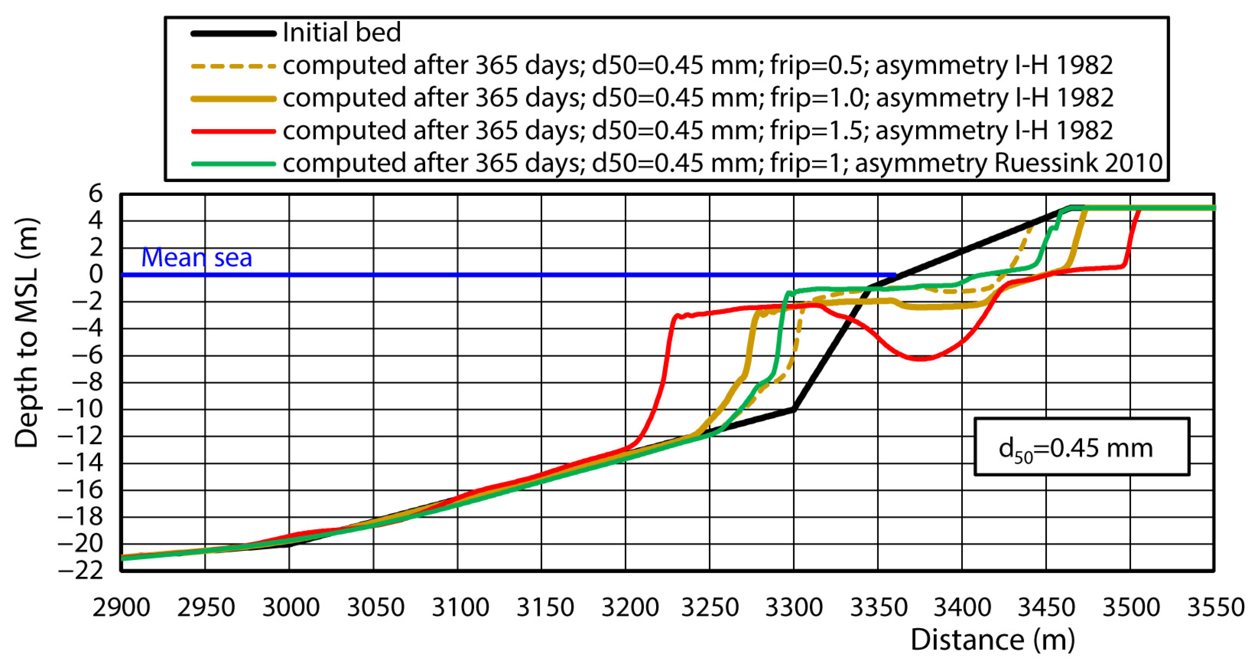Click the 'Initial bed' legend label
[x=341, y=33]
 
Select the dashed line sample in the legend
[x=233, y=66]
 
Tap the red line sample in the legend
[x=233, y=131]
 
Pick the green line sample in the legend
[x=233, y=164]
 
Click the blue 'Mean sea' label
[x=196, y=257]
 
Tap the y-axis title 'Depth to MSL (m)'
[x=26, y=332]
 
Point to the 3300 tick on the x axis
[x=794, y=608]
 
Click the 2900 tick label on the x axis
[x=121, y=608]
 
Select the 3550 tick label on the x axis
[x=1216, y=608]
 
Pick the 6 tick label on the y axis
[x=96, y=194]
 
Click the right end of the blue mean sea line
[x=895, y=275]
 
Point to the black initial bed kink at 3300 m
[x=794, y=410]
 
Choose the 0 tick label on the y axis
[x=96, y=275]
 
